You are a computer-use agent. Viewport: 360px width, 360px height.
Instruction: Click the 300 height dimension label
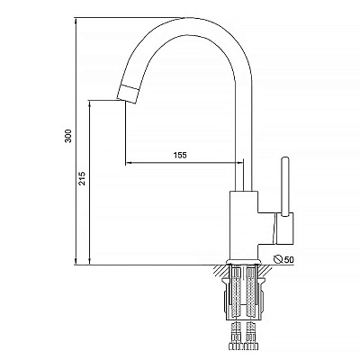coord(68,136)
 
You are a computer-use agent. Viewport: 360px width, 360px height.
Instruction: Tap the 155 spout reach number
coord(180,155)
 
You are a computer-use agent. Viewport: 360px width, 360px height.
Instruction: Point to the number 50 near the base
coord(289,259)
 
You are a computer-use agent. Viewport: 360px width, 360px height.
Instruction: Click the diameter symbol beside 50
coord(279,259)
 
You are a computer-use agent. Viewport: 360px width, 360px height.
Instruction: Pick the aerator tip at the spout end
coord(128,94)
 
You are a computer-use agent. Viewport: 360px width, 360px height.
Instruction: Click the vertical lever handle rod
coord(285,186)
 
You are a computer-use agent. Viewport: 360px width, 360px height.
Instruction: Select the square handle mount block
coord(284,228)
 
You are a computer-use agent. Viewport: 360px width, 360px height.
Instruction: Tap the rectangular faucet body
coord(243,225)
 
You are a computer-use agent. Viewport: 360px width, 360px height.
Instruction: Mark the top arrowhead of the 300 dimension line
coord(76,22)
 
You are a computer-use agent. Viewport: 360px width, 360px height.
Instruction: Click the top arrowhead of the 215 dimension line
coord(90,103)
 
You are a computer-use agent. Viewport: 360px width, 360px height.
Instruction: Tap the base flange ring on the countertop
coord(243,262)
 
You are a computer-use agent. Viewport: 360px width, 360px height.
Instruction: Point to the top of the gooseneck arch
coord(183,17)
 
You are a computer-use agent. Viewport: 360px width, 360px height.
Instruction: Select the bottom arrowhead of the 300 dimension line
coord(76,261)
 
